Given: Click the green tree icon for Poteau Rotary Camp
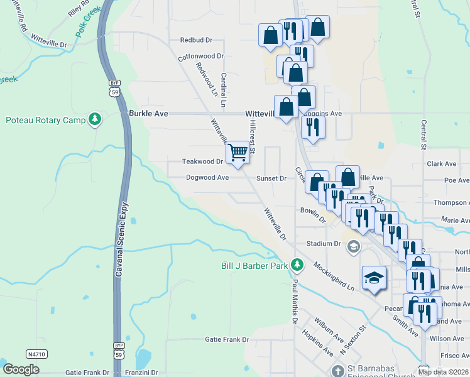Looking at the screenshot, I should click(95, 119).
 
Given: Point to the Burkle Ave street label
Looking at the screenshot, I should click(148, 114).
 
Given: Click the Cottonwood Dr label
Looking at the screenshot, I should click(201, 56).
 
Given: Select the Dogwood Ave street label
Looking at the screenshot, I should click(207, 177).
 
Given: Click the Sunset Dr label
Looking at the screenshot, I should click(271, 178).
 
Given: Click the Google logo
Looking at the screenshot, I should click(21, 369).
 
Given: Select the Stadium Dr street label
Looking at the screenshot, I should click(323, 243).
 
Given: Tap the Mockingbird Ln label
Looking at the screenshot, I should click(334, 277).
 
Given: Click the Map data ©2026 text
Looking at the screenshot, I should click(443, 372).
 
